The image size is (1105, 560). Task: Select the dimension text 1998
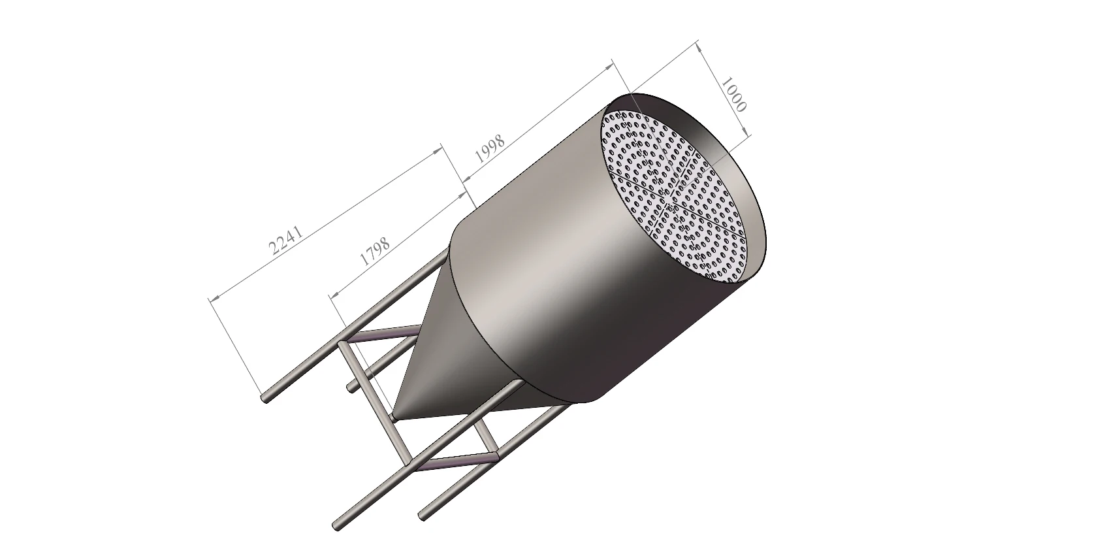tap(490, 149)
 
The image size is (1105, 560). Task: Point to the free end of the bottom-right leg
tap(423, 516)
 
